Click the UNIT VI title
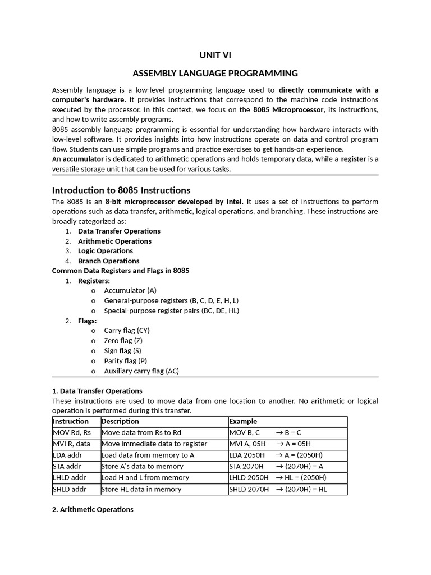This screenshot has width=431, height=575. (x=215, y=55)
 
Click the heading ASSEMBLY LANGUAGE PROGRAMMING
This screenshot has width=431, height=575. (x=215, y=74)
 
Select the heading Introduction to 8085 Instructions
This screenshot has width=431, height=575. (x=121, y=190)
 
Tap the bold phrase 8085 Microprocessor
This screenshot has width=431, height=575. (x=288, y=109)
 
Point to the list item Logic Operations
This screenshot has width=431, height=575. (x=105, y=251)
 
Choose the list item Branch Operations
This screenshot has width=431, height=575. (x=108, y=261)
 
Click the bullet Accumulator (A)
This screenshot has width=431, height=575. (x=130, y=290)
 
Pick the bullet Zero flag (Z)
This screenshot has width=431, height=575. (x=123, y=341)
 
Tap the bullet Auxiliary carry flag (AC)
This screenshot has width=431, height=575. (x=141, y=371)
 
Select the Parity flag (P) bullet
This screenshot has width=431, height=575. (x=125, y=361)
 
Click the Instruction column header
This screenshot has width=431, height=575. (x=71, y=421)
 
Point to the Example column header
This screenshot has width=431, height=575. (x=243, y=421)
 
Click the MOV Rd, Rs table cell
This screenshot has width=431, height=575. (x=71, y=432)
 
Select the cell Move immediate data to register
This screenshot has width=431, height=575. (x=154, y=444)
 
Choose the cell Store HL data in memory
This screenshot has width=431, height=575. (x=141, y=489)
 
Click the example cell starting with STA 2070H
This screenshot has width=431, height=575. (x=276, y=466)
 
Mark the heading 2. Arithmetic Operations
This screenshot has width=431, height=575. (x=93, y=509)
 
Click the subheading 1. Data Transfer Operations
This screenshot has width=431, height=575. (x=97, y=390)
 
